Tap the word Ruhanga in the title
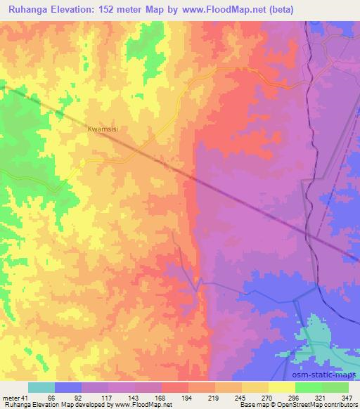[28, 10]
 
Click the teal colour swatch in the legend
[41, 387]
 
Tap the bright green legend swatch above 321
[309, 387]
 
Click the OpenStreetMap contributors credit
[323, 405]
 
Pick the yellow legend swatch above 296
[282, 387]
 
